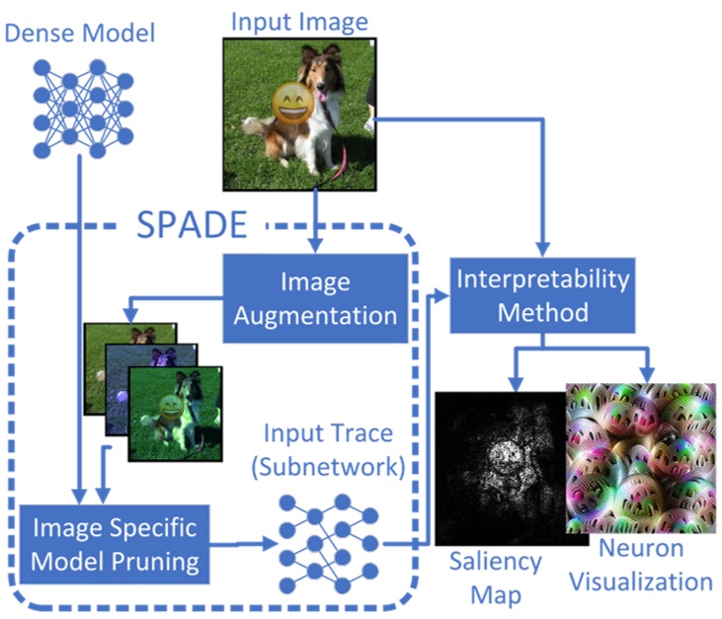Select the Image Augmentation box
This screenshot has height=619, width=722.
coord(315,299)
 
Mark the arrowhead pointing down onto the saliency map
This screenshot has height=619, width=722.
coord(514,382)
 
